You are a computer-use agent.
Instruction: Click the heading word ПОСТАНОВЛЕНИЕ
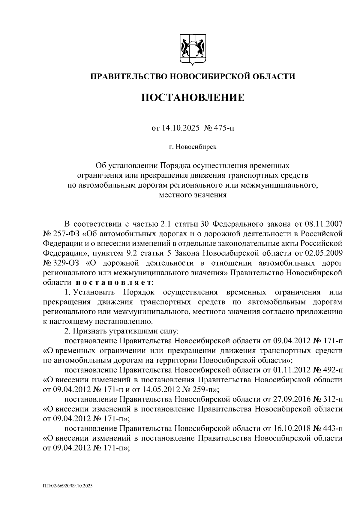coord(193,98)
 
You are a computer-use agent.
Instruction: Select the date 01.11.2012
coord(291,370)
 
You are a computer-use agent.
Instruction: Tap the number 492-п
coord(333,370)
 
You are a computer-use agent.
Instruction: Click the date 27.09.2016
coord(291,399)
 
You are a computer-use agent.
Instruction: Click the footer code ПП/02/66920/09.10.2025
coord(67,486)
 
